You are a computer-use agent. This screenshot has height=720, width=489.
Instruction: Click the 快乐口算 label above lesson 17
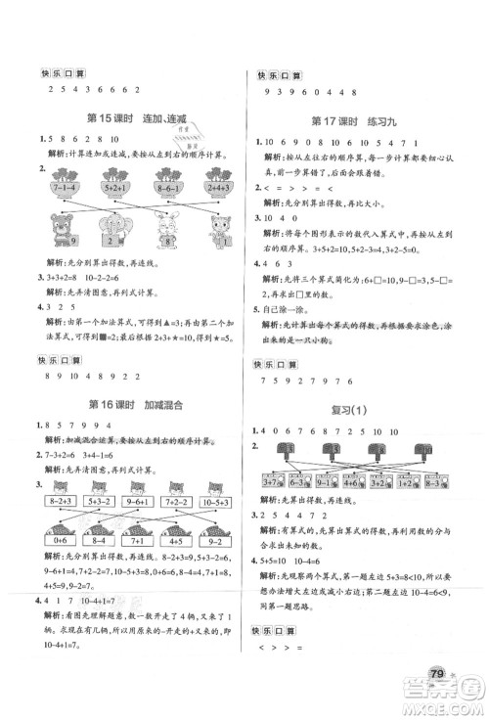(280, 74)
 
